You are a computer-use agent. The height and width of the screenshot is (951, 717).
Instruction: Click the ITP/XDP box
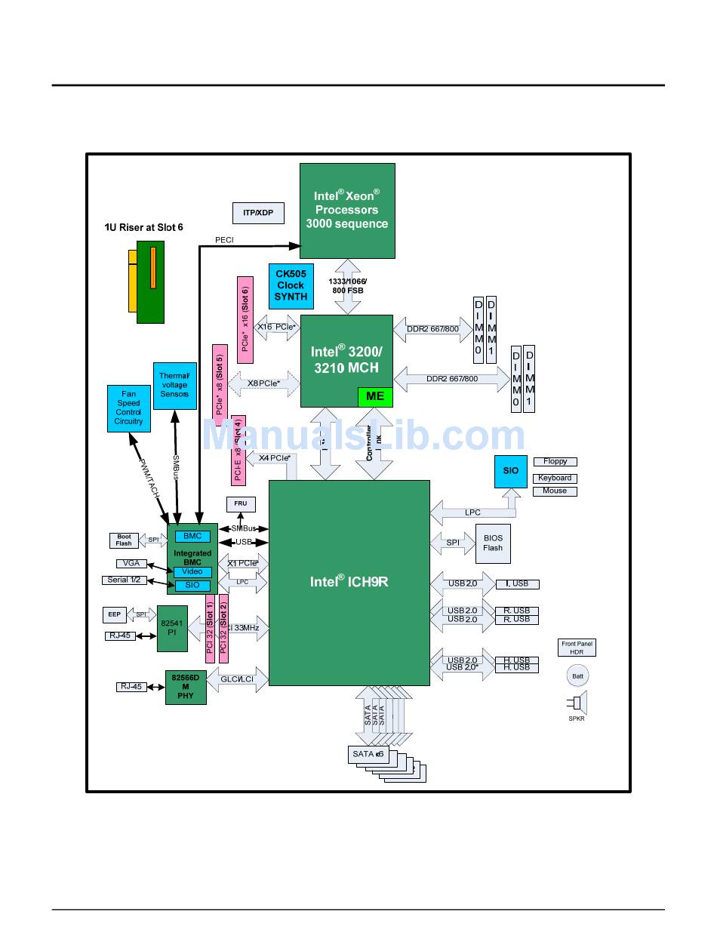(x=258, y=213)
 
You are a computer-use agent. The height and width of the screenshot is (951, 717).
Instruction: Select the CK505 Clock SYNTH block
(x=291, y=285)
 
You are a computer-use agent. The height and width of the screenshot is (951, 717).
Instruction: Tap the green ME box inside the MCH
(x=375, y=396)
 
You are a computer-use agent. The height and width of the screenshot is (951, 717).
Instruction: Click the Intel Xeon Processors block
(x=347, y=211)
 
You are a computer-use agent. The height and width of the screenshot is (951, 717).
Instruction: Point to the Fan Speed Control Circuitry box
(x=128, y=408)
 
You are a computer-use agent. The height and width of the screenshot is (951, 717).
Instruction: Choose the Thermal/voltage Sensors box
(x=174, y=385)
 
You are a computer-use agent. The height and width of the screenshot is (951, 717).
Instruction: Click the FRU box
(x=241, y=503)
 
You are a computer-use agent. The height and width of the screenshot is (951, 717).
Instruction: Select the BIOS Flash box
(x=493, y=543)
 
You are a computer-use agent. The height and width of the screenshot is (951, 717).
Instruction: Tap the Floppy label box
(x=555, y=461)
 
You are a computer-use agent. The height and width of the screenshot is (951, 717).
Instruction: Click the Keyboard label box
(x=555, y=478)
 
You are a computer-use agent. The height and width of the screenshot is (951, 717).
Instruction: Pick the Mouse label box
(x=555, y=491)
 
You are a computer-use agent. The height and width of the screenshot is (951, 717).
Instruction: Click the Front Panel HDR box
(x=577, y=648)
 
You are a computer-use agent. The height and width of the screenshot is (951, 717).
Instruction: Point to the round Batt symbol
(x=577, y=676)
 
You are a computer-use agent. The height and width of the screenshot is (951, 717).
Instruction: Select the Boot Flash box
(x=124, y=540)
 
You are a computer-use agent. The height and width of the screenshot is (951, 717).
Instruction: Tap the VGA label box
(x=131, y=563)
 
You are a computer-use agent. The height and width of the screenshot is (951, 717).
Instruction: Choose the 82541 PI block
(x=172, y=626)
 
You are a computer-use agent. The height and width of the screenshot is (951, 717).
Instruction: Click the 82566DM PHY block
(x=185, y=687)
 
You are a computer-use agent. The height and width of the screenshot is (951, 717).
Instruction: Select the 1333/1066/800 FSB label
(x=348, y=285)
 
